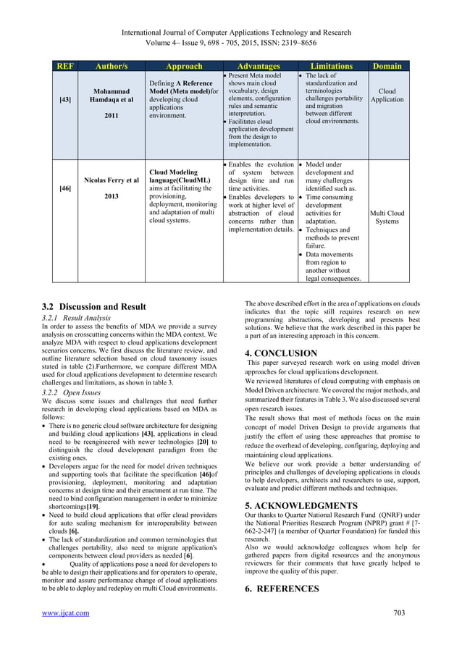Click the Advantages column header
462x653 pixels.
pos(258,66)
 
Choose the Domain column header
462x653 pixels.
pos(387,66)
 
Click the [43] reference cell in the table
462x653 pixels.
pos(65,99)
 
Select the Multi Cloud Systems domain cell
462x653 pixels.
pos(387,217)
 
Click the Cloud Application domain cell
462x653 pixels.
pos(387,97)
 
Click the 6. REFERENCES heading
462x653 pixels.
pos(282,589)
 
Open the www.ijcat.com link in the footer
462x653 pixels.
pos(66,613)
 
